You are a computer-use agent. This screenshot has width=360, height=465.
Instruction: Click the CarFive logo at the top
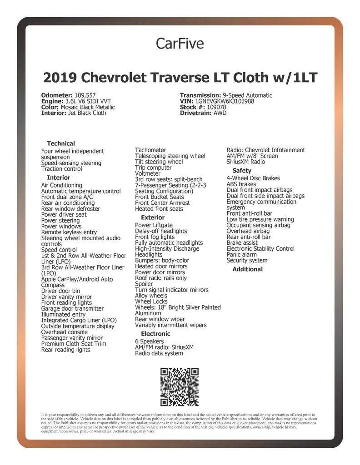click(180, 43)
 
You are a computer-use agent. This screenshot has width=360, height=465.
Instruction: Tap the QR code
click(180, 387)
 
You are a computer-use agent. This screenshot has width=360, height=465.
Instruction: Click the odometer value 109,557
click(82, 95)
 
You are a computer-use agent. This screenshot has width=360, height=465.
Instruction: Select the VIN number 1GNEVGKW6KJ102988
click(224, 101)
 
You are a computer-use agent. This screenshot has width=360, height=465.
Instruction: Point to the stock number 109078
click(216, 107)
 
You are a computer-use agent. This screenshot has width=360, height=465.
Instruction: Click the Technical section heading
click(61, 143)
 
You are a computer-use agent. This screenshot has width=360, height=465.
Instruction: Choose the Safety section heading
click(242, 171)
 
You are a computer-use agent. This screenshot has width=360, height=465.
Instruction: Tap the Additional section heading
click(247, 269)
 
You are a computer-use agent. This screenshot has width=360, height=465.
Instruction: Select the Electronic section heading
click(155, 334)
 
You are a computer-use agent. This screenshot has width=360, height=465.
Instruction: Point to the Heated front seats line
click(159, 209)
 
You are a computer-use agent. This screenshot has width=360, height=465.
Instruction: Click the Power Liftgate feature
click(154, 225)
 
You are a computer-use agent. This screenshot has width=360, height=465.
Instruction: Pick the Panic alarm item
click(241, 255)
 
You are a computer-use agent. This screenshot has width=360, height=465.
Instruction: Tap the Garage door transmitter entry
click(72, 308)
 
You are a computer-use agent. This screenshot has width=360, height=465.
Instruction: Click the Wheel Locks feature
click(151, 302)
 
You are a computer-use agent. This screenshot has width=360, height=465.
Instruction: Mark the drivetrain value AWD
click(220, 113)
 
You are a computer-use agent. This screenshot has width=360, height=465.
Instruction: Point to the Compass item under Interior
click(53, 285)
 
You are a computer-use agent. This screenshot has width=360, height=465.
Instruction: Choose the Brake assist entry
click(242, 243)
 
